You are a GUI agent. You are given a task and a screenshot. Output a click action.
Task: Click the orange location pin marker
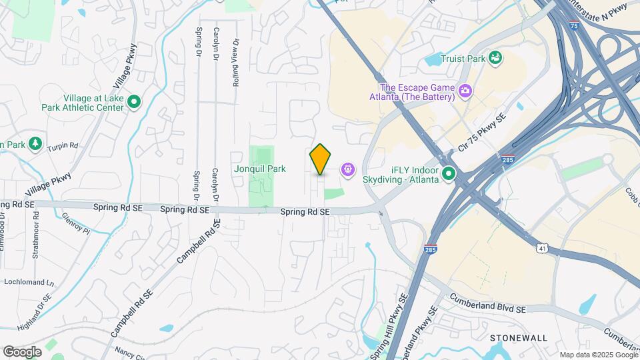point(321,159)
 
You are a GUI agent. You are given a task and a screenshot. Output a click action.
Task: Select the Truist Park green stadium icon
point(495,59)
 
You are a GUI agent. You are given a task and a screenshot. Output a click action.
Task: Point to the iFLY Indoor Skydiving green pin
point(449,175)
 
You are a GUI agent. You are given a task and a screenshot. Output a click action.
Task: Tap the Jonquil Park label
point(259,169)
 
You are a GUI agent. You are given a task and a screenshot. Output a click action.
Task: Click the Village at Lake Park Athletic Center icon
point(133,102)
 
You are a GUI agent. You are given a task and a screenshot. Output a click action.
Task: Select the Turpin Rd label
point(65,145)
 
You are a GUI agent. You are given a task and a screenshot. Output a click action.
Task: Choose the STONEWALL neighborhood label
point(518,338)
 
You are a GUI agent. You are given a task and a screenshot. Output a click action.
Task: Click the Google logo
point(21,351)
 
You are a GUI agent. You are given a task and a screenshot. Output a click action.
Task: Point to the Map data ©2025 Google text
point(598,355)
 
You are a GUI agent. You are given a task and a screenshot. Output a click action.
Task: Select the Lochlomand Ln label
point(29,282)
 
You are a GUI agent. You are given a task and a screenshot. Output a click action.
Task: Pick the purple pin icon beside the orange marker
point(348,170)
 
